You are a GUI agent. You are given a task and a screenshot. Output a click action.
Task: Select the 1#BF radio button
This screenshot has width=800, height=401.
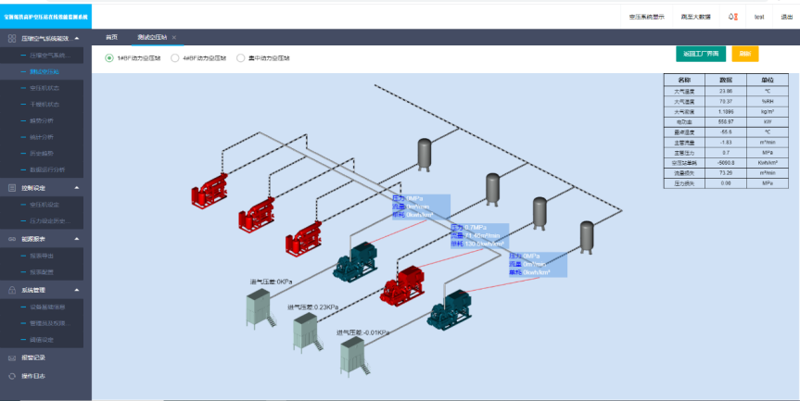pos(109,57)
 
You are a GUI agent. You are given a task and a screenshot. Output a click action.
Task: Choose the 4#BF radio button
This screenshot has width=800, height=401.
pos(175,57)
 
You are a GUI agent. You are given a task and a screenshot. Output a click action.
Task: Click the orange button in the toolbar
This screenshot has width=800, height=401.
pos(744,54)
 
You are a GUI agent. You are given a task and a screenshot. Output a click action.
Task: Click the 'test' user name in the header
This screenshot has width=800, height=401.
pos(759,17)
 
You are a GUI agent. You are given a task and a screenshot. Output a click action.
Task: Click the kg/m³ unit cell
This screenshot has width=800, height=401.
pos(767,111)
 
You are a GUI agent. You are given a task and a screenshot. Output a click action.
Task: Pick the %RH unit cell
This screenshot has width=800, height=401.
pos(767,102)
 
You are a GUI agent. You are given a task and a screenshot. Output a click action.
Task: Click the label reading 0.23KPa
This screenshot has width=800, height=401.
pos(314,307)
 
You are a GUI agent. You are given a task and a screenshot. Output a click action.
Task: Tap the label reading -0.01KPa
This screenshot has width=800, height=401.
pos(362,332)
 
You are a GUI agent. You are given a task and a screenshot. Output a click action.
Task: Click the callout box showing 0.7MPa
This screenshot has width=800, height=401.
pos(480,235)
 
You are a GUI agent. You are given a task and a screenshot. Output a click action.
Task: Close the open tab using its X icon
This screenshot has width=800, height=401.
pos(174,37)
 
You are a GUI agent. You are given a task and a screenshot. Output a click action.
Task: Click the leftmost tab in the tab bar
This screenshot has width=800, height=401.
pos(112,37)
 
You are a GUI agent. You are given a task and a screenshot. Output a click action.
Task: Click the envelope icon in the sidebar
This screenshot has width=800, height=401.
pos(12,357)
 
